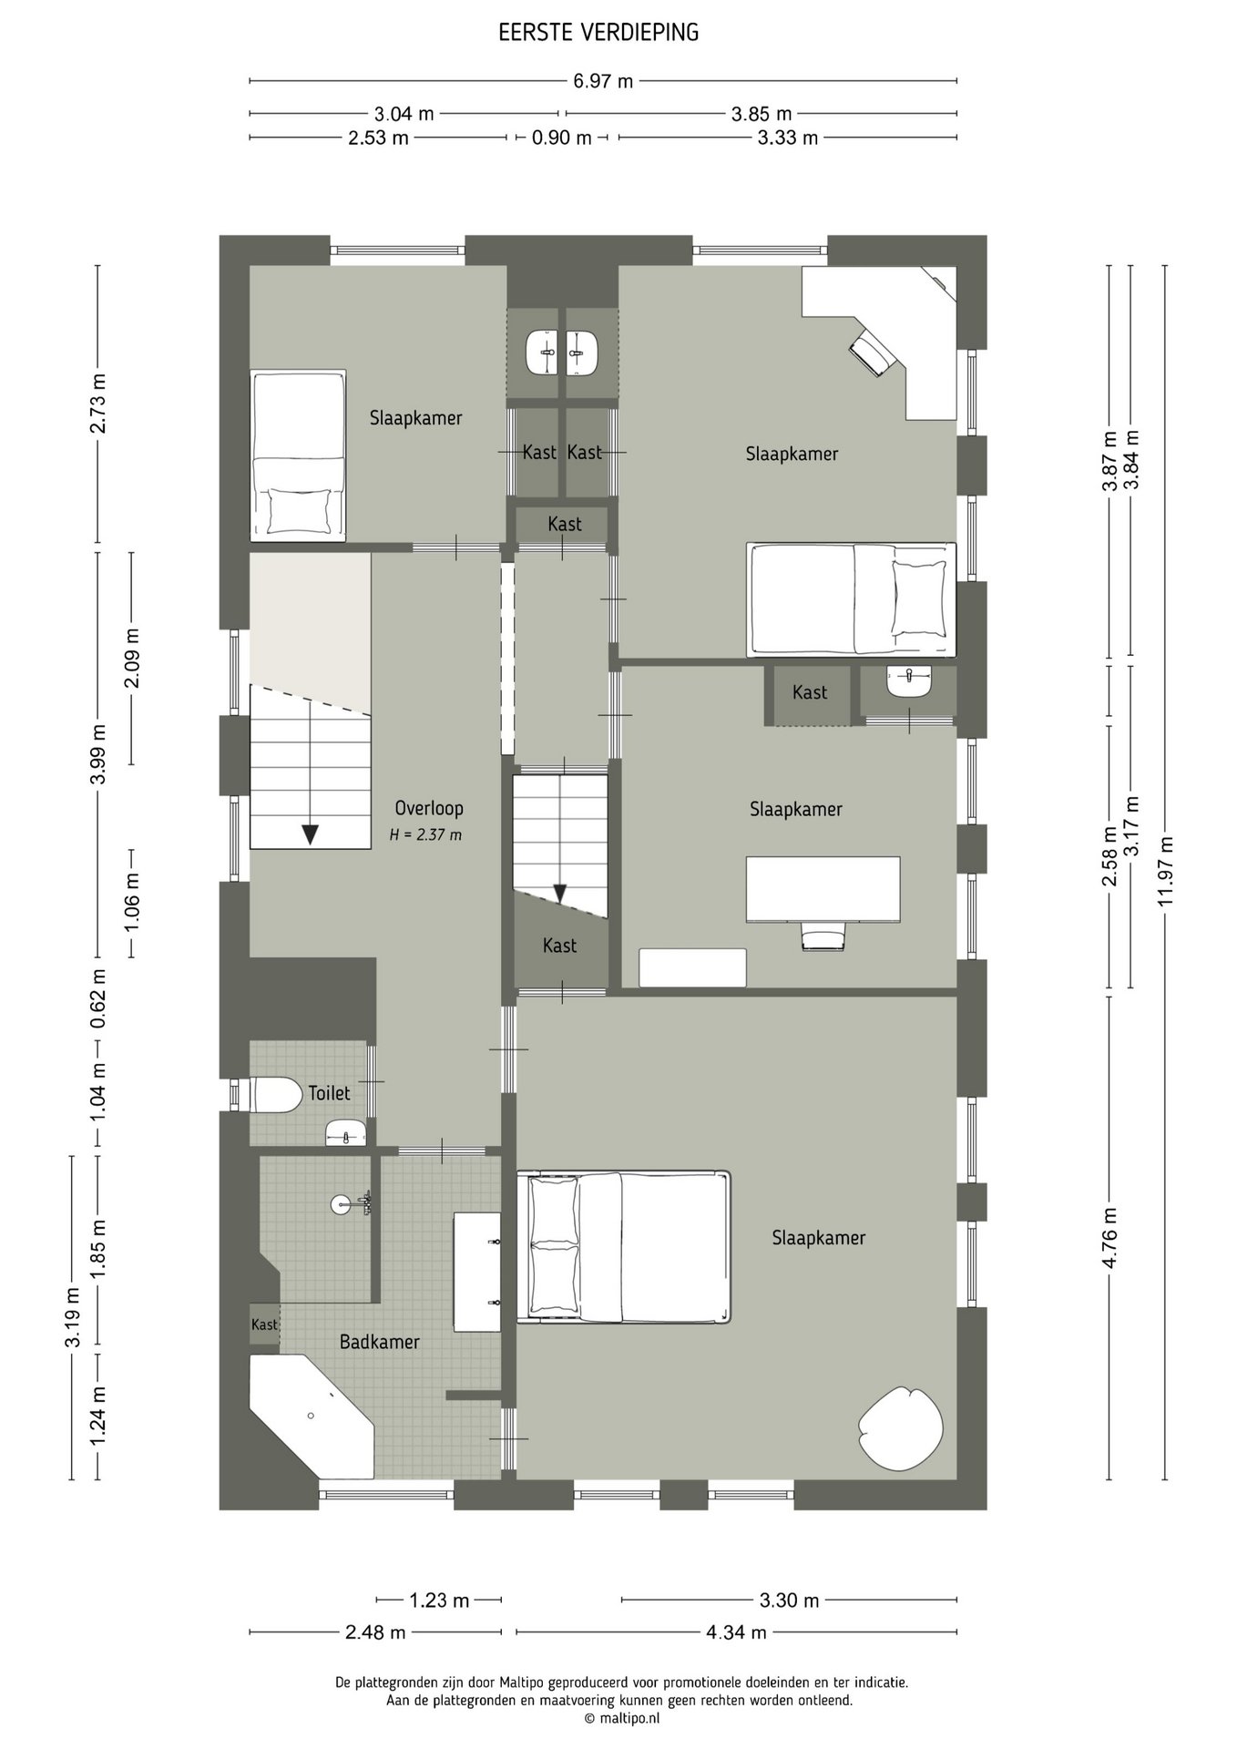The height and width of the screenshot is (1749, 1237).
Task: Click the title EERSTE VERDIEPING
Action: coord(598,33)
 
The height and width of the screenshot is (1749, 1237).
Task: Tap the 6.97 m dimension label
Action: coord(603,81)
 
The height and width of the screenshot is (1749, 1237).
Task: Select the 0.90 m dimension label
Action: coord(562,138)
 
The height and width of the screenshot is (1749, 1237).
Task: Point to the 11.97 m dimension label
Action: coord(1166,871)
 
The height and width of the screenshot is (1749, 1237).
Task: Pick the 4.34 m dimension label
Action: coord(736,1631)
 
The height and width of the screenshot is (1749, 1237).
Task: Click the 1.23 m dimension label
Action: coord(439,1600)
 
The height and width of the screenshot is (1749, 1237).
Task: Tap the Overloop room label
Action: coord(429,808)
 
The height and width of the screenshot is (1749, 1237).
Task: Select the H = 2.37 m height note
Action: coord(425,834)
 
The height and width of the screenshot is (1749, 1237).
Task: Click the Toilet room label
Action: coord(330,1092)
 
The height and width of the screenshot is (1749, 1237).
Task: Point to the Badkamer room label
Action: coord(380,1342)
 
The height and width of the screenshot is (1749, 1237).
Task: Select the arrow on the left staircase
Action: coord(311,834)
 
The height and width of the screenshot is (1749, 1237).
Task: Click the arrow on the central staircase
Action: coord(561,895)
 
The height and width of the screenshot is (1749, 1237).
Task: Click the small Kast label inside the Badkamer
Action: coord(264,1325)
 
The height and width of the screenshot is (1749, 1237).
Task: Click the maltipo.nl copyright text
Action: coord(622,1718)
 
